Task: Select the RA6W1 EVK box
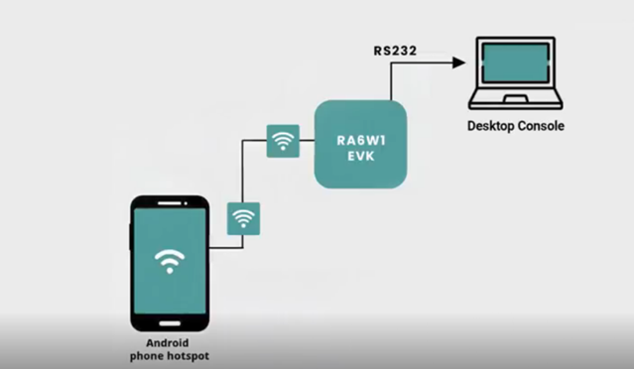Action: pyautogui.click(x=360, y=143)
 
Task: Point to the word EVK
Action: pyautogui.click(x=360, y=157)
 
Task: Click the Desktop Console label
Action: pyautogui.click(x=516, y=126)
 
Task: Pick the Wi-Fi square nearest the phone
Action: pyautogui.click(x=244, y=217)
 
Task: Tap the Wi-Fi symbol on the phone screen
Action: pyautogui.click(x=170, y=261)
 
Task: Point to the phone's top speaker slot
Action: pyautogui.click(x=171, y=204)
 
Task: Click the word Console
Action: pyautogui.click(x=541, y=126)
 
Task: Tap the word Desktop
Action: pyautogui.click(x=491, y=126)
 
